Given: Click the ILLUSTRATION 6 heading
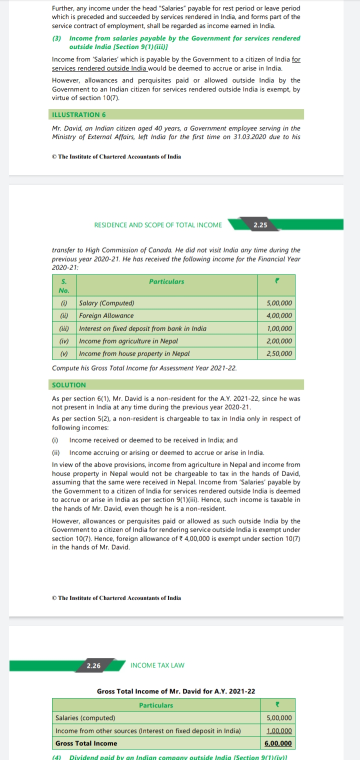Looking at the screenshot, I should [x=79, y=114].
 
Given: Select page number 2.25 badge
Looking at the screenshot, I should [x=260, y=225].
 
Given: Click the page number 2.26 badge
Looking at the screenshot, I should [x=93, y=665].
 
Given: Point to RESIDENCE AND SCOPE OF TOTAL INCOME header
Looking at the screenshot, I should [x=158, y=225].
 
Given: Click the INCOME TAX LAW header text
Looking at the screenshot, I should [x=157, y=665].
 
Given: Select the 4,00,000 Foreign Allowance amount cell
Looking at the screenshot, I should [x=280, y=316].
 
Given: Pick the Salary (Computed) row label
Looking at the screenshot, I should [x=107, y=303].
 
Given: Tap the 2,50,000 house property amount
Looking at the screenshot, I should [x=280, y=353].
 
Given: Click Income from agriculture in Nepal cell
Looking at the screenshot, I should [x=128, y=341].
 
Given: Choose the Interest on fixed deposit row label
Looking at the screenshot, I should [x=143, y=328].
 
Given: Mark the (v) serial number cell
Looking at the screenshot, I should [x=64, y=353].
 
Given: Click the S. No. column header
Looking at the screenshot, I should [x=64, y=286].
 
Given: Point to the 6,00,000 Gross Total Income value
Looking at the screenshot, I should [x=278, y=743].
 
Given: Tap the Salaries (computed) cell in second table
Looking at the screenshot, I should [x=85, y=718].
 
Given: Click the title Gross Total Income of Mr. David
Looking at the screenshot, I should [x=176, y=691].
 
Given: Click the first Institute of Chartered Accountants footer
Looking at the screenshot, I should [x=116, y=156].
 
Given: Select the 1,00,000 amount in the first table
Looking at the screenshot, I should [x=280, y=328].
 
